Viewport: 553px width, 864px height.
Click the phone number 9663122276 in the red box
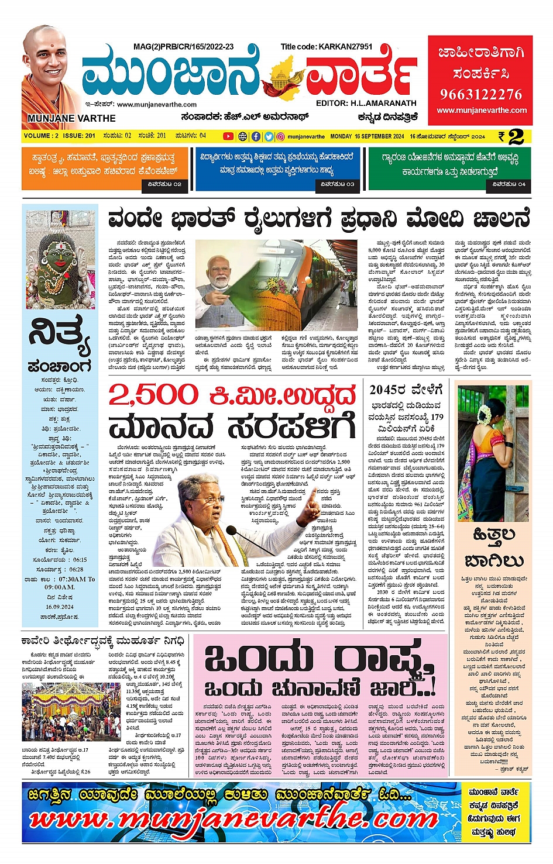click(x=480, y=94)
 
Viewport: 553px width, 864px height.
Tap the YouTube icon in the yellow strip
click(x=228, y=136)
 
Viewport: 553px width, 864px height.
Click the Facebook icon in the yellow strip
click(x=256, y=136)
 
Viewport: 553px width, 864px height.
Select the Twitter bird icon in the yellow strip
click(x=269, y=136)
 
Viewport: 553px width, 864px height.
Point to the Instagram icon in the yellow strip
click(x=281, y=136)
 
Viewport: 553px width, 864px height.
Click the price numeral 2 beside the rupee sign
click(x=516, y=137)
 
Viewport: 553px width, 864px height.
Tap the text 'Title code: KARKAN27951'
click(x=326, y=46)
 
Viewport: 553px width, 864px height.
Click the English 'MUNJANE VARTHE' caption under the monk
click(x=71, y=118)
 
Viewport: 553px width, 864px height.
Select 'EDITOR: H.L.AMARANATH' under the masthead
click(x=366, y=103)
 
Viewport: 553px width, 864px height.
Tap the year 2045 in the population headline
click(x=388, y=390)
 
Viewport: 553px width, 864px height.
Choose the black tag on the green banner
click(x=509, y=184)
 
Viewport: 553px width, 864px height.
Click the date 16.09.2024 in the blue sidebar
click(x=59, y=607)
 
